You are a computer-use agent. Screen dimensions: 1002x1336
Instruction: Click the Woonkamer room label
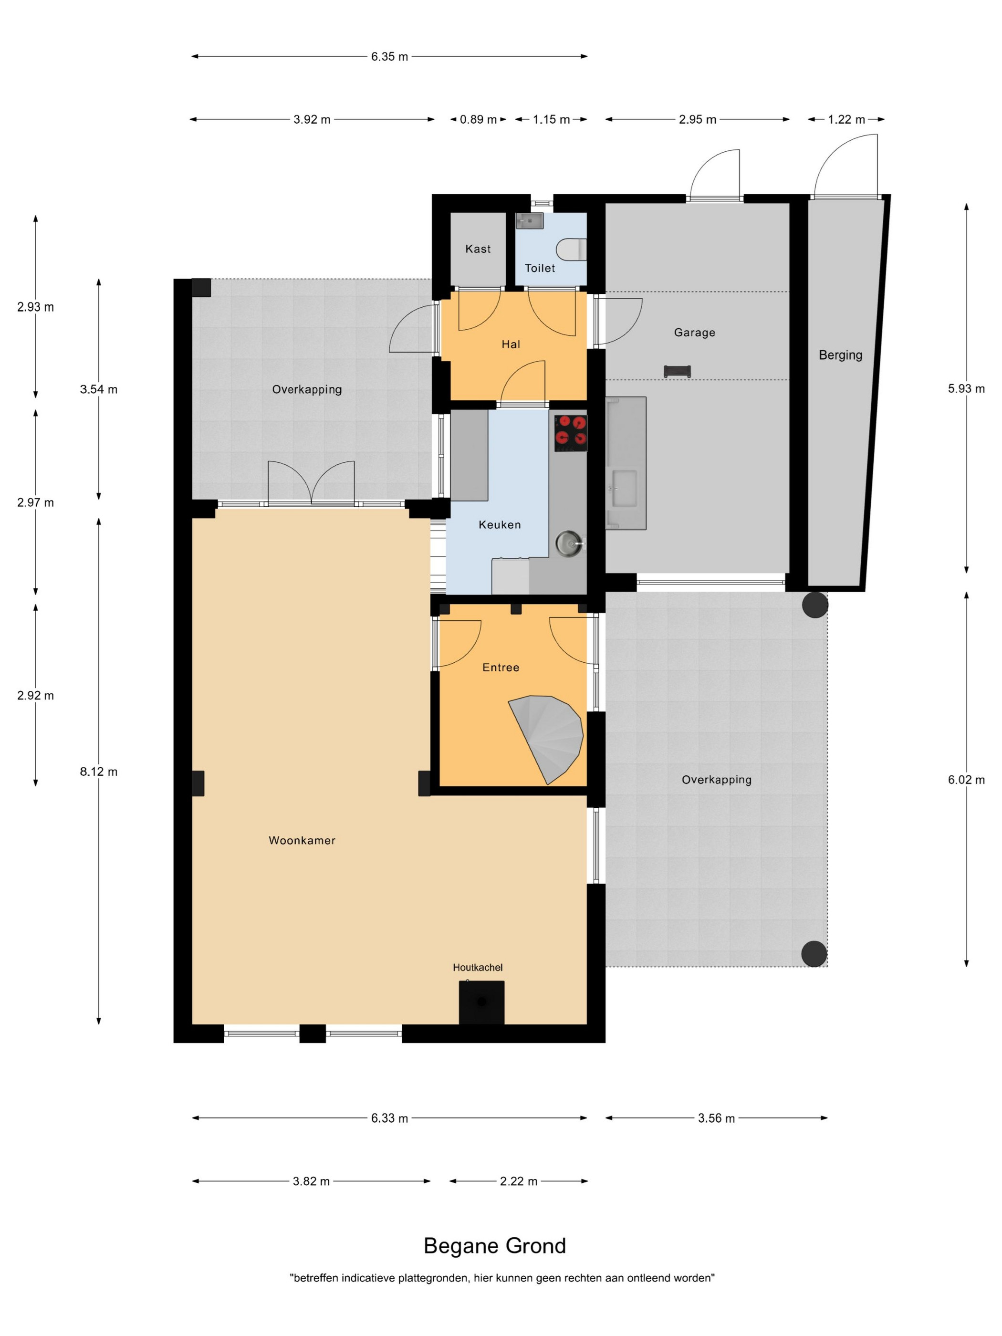(302, 840)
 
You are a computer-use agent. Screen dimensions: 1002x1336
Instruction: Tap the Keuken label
(500, 525)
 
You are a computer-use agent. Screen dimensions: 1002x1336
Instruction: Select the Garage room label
(695, 332)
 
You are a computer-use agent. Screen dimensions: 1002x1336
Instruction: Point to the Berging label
(840, 355)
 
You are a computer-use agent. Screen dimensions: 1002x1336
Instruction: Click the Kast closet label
(478, 249)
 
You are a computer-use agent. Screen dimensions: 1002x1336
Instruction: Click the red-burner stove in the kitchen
(570, 433)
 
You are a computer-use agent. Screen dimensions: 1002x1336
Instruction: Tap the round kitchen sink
(568, 543)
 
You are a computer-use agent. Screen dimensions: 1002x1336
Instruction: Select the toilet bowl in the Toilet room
(571, 249)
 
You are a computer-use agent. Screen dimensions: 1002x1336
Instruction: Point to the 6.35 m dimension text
(389, 56)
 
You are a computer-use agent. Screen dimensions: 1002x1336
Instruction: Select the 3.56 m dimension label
(716, 1118)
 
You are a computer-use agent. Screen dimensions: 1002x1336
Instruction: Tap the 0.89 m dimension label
(479, 120)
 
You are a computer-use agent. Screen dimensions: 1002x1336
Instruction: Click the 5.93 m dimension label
(966, 388)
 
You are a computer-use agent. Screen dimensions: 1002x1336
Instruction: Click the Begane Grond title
(495, 1245)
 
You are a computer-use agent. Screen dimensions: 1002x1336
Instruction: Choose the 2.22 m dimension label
(518, 1181)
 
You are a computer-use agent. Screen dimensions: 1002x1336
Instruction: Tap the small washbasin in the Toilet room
(530, 221)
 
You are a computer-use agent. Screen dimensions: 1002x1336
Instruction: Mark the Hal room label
(511, 344)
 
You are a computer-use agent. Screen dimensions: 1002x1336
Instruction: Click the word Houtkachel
(478, 968)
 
